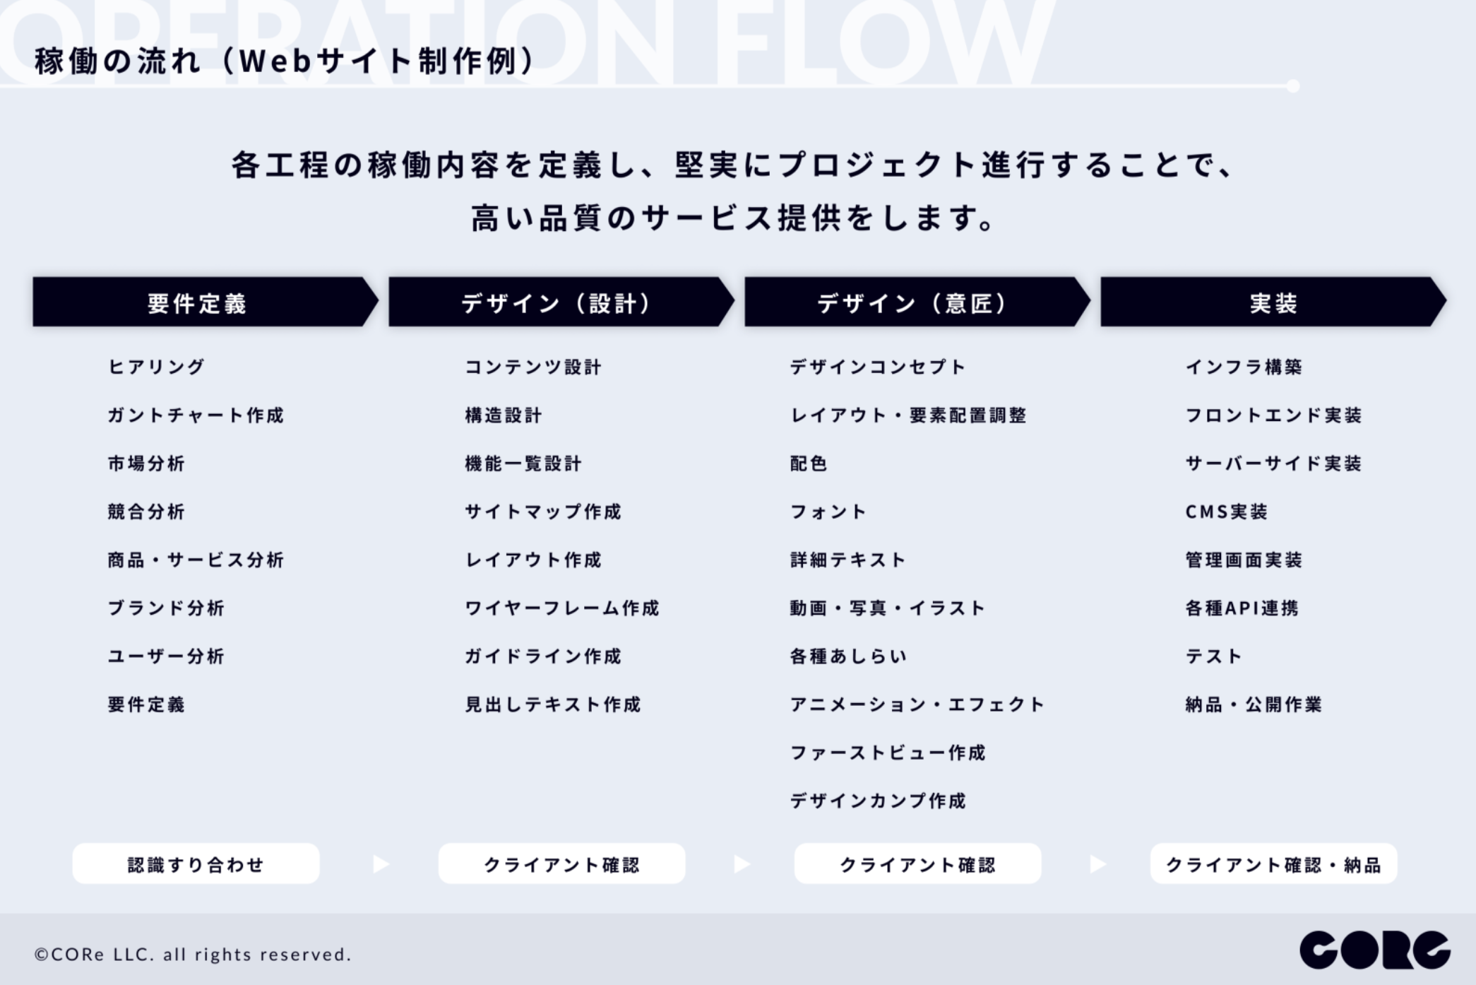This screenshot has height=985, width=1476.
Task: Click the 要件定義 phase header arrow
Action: pos(198,302)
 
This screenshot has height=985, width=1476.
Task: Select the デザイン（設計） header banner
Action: pos(557,302)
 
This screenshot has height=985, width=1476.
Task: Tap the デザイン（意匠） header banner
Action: pos(912,302)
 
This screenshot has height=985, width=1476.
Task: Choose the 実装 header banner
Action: pos(1273,302)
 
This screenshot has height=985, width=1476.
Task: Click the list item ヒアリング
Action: pos(156,367)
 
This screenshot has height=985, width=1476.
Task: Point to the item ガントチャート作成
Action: pos(196,415)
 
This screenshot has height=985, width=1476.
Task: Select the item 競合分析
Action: pos(146,512)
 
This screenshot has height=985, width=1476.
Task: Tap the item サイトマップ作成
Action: pos(543,512)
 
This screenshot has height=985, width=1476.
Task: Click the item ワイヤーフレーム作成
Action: pos(562,608)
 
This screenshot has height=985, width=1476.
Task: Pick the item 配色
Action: pos(809,464)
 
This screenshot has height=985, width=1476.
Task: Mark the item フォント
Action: pos(828,512)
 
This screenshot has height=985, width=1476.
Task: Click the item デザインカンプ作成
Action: pos(878,801)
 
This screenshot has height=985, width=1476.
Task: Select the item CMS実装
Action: pos(1227,512)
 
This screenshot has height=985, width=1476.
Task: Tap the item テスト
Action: pos(1213,656)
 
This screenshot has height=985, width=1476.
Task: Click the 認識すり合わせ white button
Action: pos(196,864)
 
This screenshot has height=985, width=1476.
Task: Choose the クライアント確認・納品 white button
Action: pos(1273,864)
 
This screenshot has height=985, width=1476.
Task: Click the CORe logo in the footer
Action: pos(1374,950)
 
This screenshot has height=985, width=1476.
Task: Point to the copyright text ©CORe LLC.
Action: pos(193,955)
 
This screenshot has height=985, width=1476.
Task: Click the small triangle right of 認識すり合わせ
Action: pos(381,864)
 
